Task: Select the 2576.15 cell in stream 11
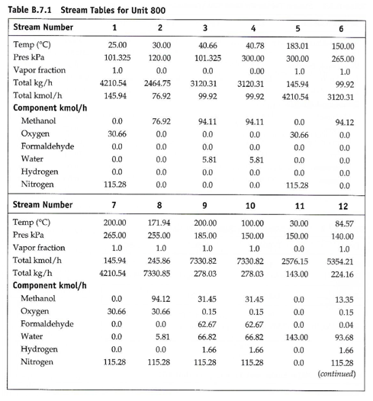click(x=294, y=260)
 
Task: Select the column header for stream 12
click(x=343, y=206)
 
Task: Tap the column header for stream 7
click(x=114, y=206)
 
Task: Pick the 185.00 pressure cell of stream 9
click(x=205, y=235)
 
